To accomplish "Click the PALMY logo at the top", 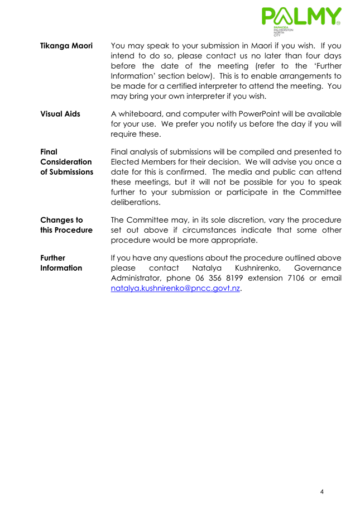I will (x=300, y=17).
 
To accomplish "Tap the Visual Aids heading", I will (x=60, y=114).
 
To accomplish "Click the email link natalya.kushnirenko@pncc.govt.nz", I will (x=176, y=289).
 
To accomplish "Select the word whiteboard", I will (x=143, y=114).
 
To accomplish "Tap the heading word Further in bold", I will (x=53, y=258).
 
